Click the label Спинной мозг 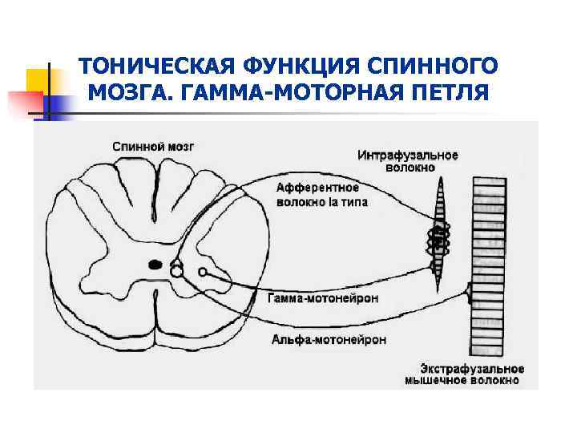pyautogui.click(x=152, y=147)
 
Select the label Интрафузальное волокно pyautogui.click(x=408, y=161)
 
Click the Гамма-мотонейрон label pyautogui.click(x=322, y=298)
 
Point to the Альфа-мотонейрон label pyautogui.click(x=329, y=339)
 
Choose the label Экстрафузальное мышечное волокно pyautogui.click(x=465, y=374)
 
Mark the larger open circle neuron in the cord pyautogui.click(x=176, y=272)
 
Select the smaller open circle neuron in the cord pyautogui.click(x=204, y=272)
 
